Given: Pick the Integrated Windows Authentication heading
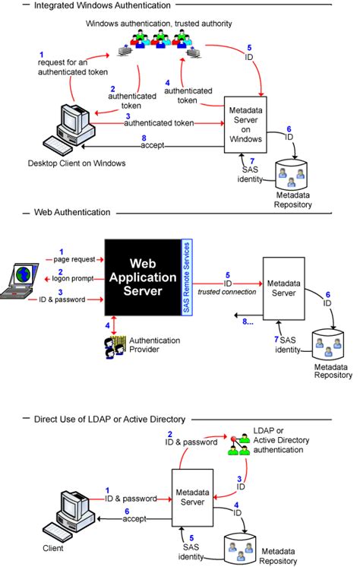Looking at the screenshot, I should pos(96,5).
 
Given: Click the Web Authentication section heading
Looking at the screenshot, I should pos(73,212).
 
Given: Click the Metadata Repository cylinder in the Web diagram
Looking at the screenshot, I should pos(332,347).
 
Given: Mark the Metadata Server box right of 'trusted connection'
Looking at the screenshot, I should pos(284,288).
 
